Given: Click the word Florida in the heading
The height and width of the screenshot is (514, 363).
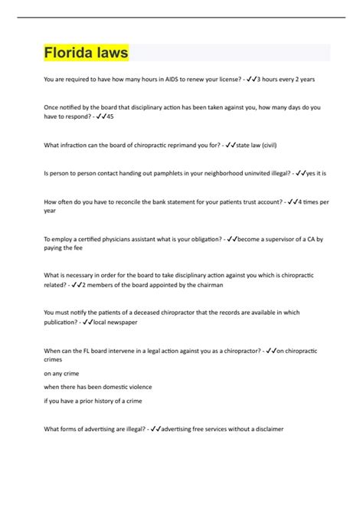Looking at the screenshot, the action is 66,54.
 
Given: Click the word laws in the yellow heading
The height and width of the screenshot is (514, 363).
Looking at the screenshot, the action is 109,54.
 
